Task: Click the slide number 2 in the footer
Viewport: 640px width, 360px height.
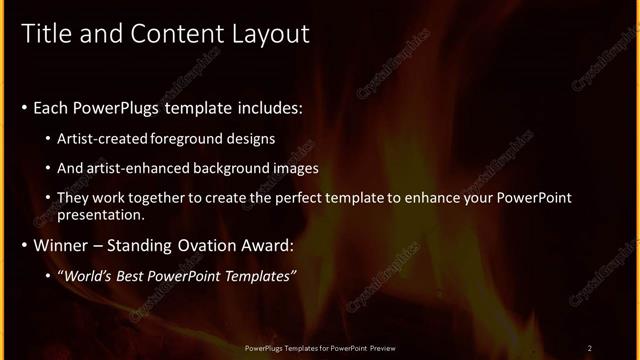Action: [x=589, y=347]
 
